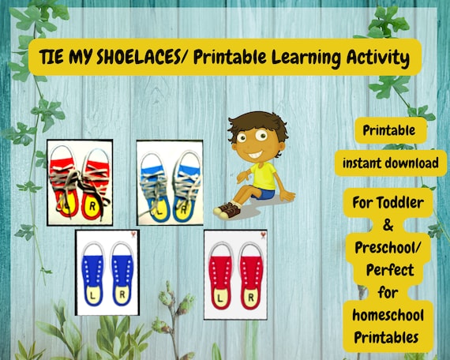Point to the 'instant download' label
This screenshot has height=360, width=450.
(x=391, y=163)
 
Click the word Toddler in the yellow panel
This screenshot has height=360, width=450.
(x=399, y=202)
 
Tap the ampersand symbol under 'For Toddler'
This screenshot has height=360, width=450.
(x=388, y=225)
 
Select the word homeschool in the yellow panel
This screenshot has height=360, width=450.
(x=388, y=315)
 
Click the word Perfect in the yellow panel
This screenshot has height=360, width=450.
(x=390, y=270)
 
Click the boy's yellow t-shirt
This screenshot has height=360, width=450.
(x=263, y=176)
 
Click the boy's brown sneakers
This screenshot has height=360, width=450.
(x=227, y=211)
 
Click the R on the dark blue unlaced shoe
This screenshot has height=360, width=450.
(x=122, y=294)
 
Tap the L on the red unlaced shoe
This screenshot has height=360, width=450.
(x=220, y=298)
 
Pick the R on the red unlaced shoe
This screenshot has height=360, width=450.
(x=250, y=298)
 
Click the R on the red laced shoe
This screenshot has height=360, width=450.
(x=92, y=205)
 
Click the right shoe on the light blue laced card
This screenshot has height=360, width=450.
(x=187, y=186)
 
